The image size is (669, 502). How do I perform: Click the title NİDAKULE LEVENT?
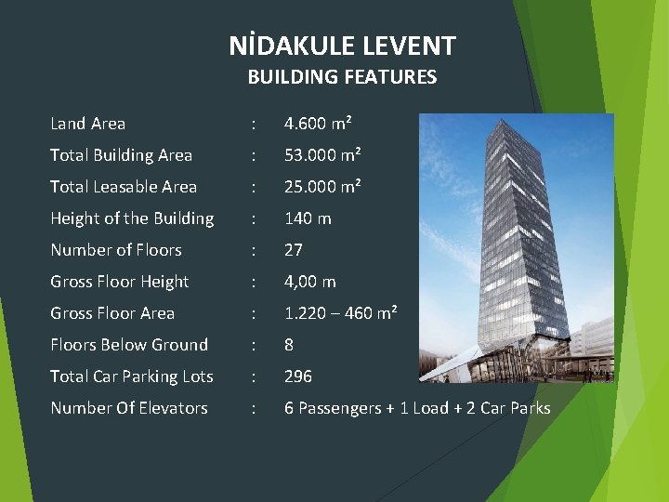[x=342, y=46]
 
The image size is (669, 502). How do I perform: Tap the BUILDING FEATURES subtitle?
[x=342, y=77]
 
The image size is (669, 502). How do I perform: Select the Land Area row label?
[x=87, y=124]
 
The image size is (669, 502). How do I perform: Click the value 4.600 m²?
[x=317, y=124]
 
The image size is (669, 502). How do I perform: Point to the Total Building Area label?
[x=121, y=155]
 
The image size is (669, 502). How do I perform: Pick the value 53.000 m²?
[x=321, y=155]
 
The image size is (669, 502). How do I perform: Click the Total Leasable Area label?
[x=124, y=187]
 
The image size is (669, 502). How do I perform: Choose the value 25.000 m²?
[x=321, y=187]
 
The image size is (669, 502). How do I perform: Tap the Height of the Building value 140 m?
[x=308, y=218]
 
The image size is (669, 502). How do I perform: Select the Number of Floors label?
[x=116, y=250]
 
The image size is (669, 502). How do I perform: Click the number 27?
[x=295, y=250]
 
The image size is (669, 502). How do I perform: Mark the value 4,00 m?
[x=309, y=282]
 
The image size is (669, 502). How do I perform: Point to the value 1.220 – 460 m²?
[x=340, y=313]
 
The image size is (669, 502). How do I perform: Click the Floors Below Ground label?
[x=129, y=345]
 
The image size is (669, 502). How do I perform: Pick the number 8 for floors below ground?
[x=289, y=345]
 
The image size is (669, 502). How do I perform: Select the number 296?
[x=298, y=376]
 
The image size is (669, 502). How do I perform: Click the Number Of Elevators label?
[x=129, y=408]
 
